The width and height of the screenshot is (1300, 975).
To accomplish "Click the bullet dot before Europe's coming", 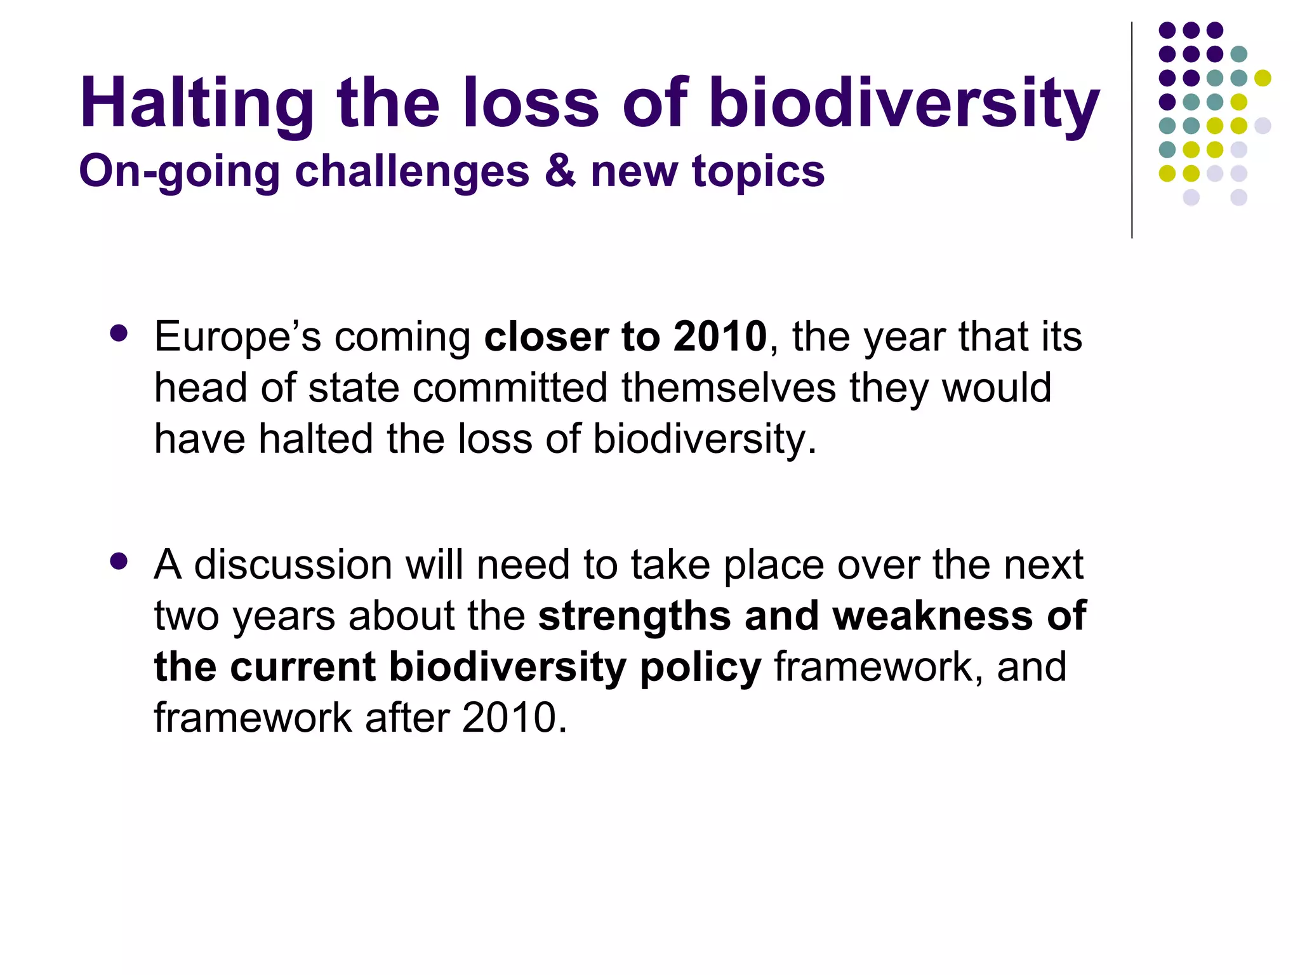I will point(119,333).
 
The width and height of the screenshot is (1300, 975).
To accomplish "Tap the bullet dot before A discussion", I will point(119,561).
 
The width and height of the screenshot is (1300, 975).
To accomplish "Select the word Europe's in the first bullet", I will point(237,337).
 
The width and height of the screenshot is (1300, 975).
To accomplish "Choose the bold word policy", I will point(700,668).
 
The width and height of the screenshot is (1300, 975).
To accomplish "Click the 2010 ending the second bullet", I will point(510,718).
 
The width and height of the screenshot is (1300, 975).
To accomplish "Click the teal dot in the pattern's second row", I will point(1238,54).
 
